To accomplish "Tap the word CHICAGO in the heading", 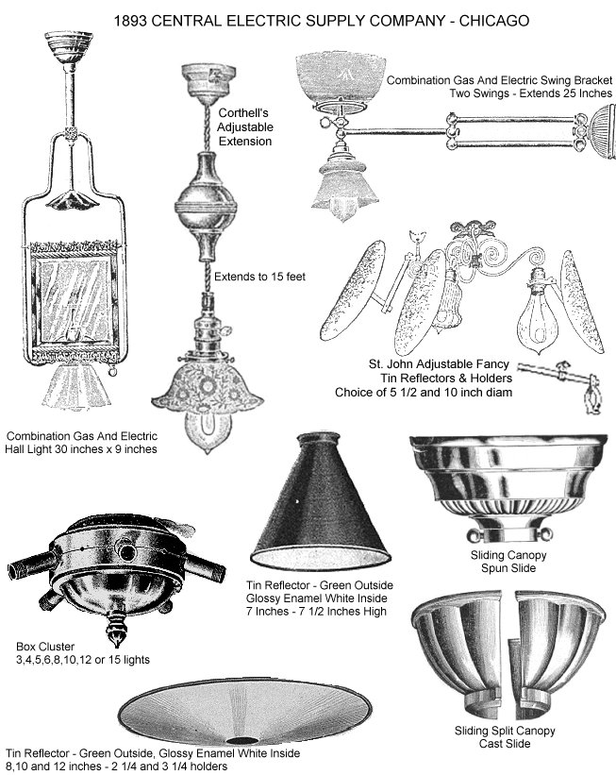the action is (494, 21).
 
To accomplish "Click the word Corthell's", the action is (243, 112).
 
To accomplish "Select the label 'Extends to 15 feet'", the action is (259, 277).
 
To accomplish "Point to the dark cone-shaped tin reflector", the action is (320, 500).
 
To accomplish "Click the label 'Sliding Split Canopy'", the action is (505, 730).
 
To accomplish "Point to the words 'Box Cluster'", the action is (45, 646).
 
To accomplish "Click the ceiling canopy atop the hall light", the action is (68, 47).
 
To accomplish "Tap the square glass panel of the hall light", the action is (75, 299).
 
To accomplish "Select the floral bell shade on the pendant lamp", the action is (208, 389).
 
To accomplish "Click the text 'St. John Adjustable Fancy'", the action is (439, 364).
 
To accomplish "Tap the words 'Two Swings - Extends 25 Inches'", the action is (530, 93).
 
